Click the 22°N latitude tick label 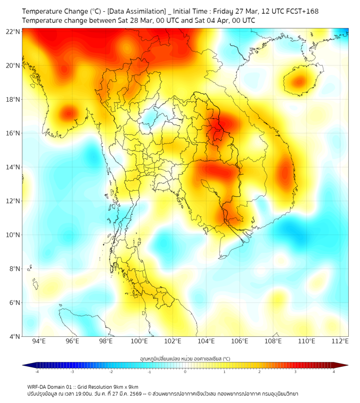pyautogui.click(x=13, y=31)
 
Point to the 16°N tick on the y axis pyautogui.click(x=13, y=133)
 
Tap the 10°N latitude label pyautogui.click(x=13, y=235)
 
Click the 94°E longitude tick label pyautogui.click(x=39, y=341)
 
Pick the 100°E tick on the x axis pyautogui.click(x=140, y=341)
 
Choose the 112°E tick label pyautogui.click(x=340, y=341)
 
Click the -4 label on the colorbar pyautogui.click(x=36, y=372)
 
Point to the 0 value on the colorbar pyautogui.click(x=185, y=372)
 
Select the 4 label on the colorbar pyautogui.click(x=334, y=372)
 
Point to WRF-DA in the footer pyautogui.click(x=37, y=386)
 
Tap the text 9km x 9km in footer pyautogui.click(x=124, y=386)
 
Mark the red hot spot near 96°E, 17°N pyautogui.click(x=68, y=112)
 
